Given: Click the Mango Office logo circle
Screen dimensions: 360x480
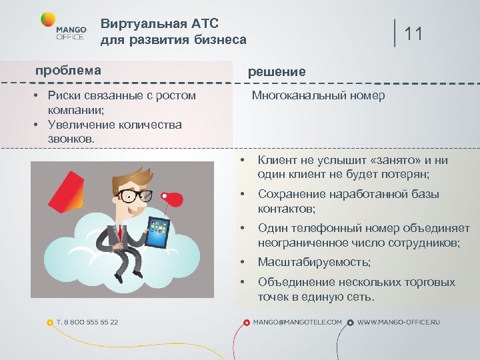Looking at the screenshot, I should [x=48, y=19].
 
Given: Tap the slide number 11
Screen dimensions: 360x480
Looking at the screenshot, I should [x=413, y=34].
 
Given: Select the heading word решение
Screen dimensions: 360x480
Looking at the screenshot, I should [x=277, y=71].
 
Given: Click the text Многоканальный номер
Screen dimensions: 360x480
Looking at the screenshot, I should [x=318, y=95].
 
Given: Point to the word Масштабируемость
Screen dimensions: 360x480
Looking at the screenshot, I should [x=314, y=262].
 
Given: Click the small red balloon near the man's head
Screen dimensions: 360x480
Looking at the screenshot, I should [x=175, y=198].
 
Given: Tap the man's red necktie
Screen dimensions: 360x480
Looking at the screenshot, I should [x=121, y=233].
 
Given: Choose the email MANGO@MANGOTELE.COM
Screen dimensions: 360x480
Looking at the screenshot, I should [x=297, y=322].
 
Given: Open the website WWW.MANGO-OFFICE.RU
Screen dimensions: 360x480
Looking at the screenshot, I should [x=399, y=322].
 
